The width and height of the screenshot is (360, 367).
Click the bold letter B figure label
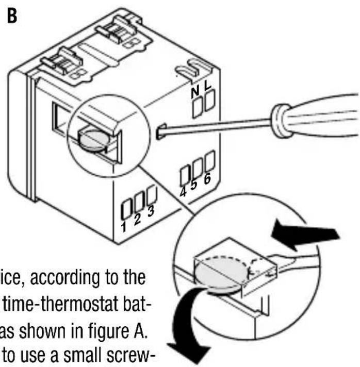[x=11, y=16]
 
